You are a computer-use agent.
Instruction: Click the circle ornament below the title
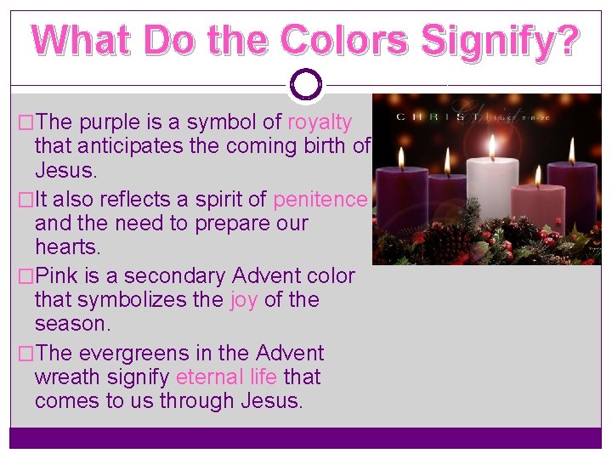click(x=306, y=84)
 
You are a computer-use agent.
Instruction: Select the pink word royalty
click(x=320, y=122)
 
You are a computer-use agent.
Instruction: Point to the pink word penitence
click(x=320, y=199)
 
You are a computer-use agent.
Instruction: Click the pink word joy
click(x=244, y=299)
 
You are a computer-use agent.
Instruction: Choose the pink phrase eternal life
click(x=226, y=376)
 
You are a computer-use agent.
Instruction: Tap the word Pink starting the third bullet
click(x=56, y=275)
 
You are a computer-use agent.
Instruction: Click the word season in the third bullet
click(x=70, y=324)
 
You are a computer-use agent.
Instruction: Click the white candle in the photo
click(x=493, y=190)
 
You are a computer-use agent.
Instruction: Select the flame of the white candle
click(x=492, y=147)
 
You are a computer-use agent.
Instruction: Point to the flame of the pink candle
click(x=537, y=175)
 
